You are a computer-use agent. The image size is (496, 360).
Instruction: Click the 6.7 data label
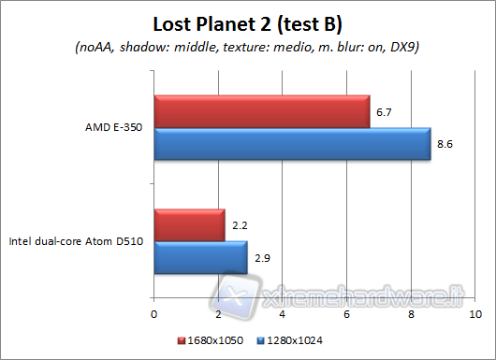(383, 112)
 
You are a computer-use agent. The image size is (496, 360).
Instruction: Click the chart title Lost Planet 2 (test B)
(248, 21)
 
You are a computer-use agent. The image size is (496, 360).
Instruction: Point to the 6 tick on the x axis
(346, 312)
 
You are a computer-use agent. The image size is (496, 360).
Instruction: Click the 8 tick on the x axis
(411, 312)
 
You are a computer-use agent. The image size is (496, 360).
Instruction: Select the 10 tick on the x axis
(474, 312)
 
